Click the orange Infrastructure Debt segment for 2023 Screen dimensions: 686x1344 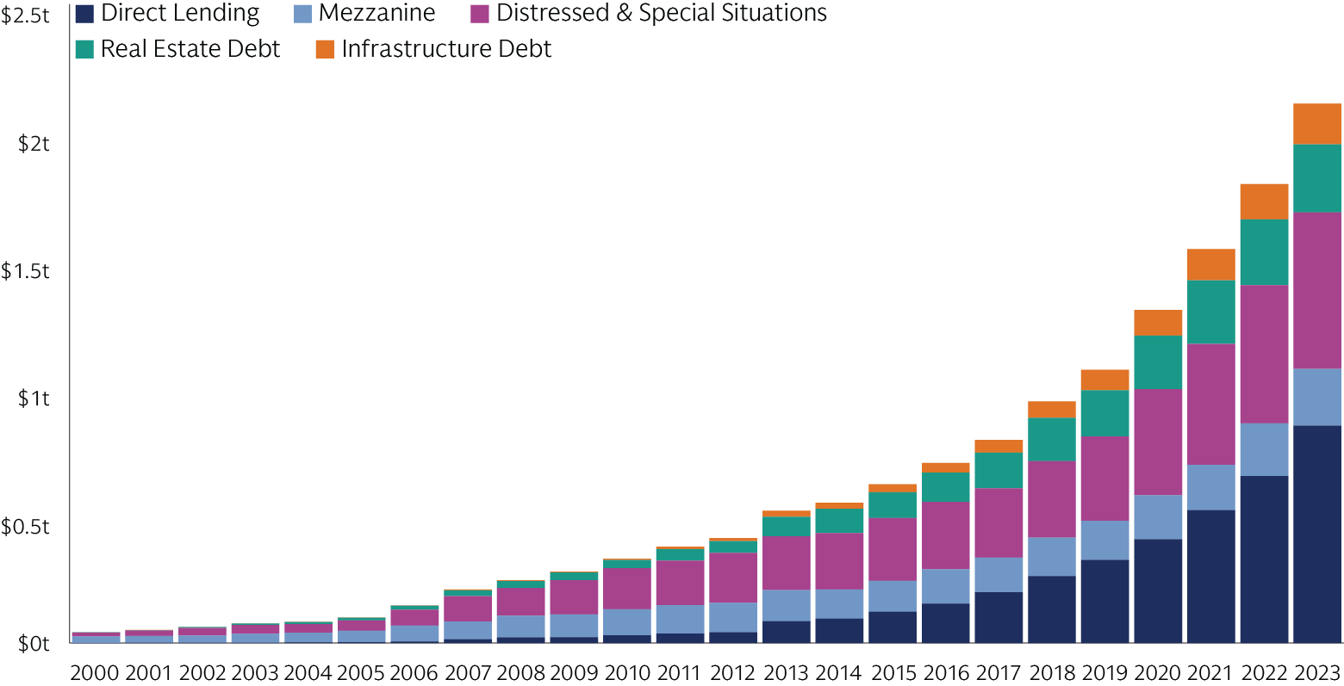click(1317, 123)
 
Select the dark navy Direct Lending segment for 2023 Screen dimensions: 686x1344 click(1317, 534)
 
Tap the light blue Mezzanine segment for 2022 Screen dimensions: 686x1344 click(1264, 449)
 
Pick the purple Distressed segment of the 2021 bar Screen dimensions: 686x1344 click(1210, 404)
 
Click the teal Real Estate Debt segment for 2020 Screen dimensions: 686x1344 click(1158, 362)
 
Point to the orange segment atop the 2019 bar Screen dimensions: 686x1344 click(1104, 380)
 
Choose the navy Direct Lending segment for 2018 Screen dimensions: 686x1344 click(1051, 609)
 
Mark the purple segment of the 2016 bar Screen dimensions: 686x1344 click(945, 535)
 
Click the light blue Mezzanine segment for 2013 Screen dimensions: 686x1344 click(786, 605)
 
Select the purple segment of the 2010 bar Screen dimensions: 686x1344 click(626, 588)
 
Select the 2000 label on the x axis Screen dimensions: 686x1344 click(94, 672)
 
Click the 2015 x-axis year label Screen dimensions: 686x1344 click(893, 672)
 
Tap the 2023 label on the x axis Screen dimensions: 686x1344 click(1316, 672)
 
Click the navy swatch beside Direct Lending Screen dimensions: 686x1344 click(84, 14)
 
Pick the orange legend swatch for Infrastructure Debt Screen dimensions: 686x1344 click(324, 49)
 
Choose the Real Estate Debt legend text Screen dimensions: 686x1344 click(190, 49)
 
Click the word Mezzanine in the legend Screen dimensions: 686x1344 click(376, 14)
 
